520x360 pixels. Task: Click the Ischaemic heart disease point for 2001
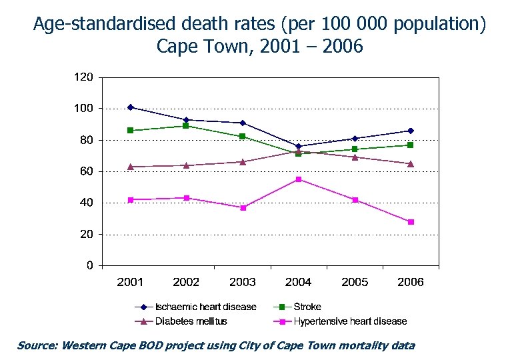pyautogui.click(x=131, y=107)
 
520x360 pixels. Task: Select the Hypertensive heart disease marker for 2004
pyautogui.click(x=299, y=179)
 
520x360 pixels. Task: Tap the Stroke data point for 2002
pyautogui.click(x=187, y=125)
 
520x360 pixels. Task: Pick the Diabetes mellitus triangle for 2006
pyautogui.click(x=411, y=163)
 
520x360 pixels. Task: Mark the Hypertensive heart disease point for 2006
pyautogui.click(x=411, y=222)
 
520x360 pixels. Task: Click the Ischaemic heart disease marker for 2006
pyautogui.click(x=411, y=131)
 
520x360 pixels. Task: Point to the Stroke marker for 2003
pyautogui.click(x=243, y=137)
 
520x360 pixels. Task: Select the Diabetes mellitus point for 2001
pyautogui.click(x=131, y=166)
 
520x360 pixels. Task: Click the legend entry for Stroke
pyautogui.click(x=307, y=307)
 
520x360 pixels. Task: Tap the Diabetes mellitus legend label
pyautogui.click(x=191, y=321)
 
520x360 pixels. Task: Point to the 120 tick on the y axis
pyautogui.click(x=83, y=77)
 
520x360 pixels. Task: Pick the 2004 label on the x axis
pyautogui.click(x=299, y=282)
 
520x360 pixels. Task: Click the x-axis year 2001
pyautogui.click(x=131, y=282)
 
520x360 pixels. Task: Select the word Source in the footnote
pyautogui.click(x=37, y=345)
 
